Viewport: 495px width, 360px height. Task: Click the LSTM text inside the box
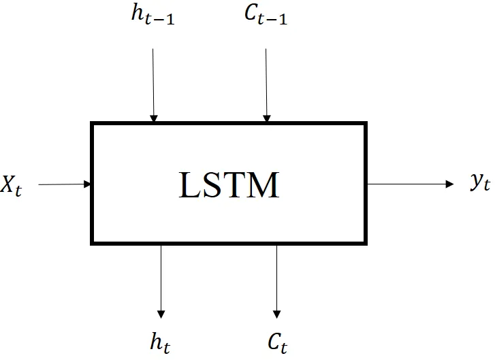229,185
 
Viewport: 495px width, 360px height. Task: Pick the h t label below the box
160,342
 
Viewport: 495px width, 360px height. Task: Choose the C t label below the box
276,342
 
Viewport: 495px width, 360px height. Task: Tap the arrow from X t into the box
65,184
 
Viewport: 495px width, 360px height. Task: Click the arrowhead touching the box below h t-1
154,118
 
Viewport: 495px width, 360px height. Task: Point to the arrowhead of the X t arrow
87,184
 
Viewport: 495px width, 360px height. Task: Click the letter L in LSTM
189,185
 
